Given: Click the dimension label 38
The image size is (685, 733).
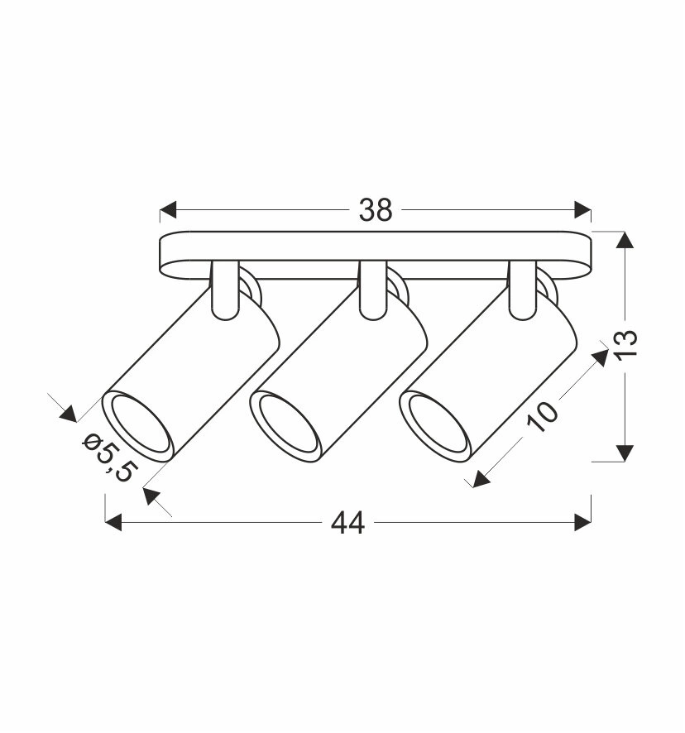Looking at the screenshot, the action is tap(376, 210).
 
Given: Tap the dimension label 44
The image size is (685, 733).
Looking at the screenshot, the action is tap(347, 523).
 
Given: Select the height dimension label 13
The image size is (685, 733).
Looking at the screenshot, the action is tap(626, 345).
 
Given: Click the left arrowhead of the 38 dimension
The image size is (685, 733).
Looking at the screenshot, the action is tap(168, 210).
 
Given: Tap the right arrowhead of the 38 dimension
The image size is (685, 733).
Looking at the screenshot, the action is tap(582, 210).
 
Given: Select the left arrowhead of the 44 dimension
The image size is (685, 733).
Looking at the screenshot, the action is tap(113, 522).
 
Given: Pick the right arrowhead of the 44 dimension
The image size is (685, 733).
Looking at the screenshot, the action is tap(582, 522).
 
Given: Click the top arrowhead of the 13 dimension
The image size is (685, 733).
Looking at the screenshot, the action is tap(625, 240).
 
